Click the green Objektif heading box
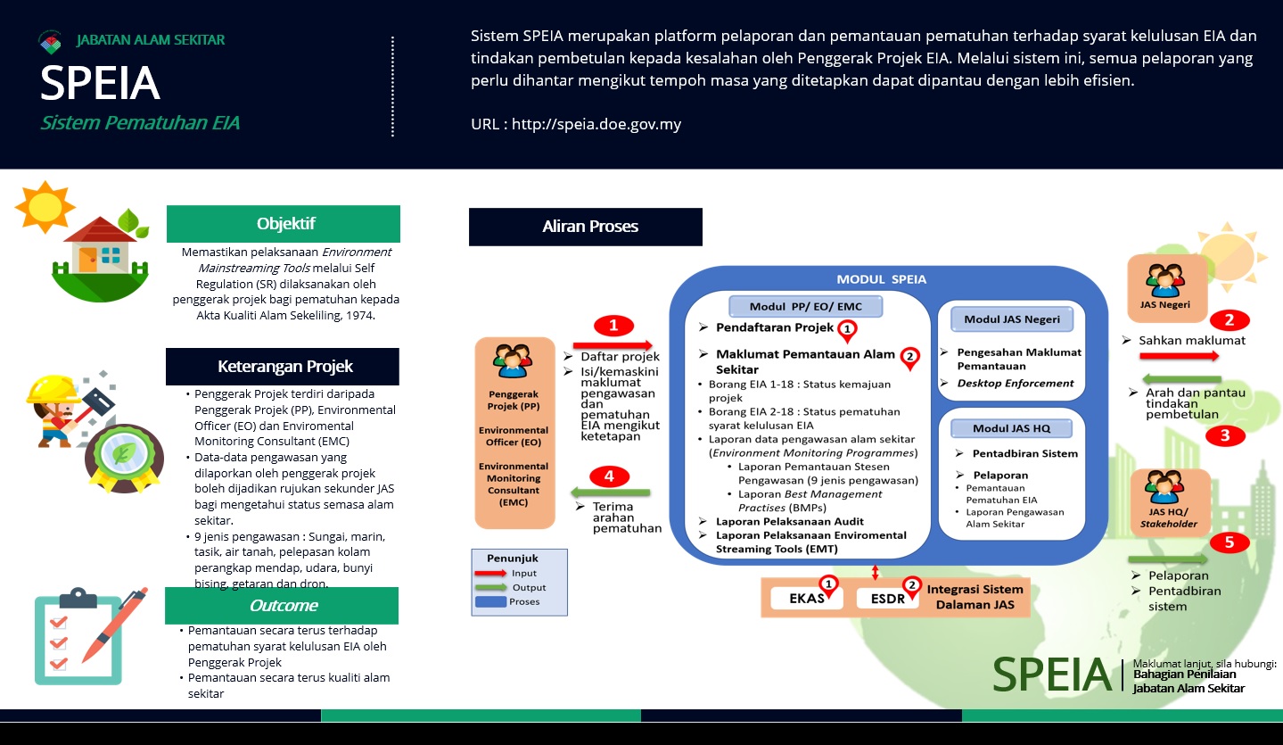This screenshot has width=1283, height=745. [284, 223]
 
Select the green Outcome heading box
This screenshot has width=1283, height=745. [282, 605]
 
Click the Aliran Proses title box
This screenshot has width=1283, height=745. [586, 227]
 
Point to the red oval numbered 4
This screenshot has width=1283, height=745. [609, 476]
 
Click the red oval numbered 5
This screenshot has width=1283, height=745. [1230, 542]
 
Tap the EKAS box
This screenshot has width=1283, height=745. [807, 599]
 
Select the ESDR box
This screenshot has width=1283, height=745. [888, 599]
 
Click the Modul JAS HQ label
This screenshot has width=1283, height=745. [1011, 428]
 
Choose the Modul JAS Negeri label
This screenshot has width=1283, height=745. [1011, 319]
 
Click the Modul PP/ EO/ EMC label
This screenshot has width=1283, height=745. [805, 307]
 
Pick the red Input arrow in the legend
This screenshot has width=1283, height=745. [490, 573]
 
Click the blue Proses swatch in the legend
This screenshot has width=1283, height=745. [491, 601]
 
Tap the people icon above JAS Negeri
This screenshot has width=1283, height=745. [1165, 279]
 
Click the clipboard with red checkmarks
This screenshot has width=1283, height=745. [78, 637]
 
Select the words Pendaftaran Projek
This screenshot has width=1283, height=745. [775, 327]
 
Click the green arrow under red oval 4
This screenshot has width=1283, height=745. [611, 493]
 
